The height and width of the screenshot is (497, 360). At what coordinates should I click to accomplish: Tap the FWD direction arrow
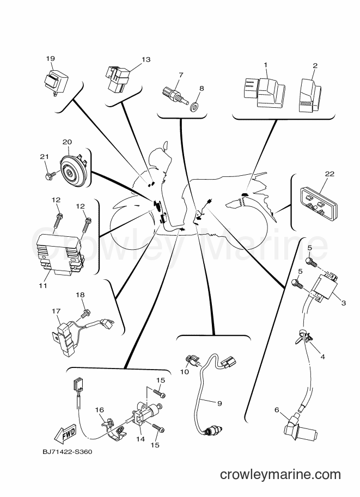65,433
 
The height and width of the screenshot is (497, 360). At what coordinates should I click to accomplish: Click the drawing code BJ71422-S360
67,451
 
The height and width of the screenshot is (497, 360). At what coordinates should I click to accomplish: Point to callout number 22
330,174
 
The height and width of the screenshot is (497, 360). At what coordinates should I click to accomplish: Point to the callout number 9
219,403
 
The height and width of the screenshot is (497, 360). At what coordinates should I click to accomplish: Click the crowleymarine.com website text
280,474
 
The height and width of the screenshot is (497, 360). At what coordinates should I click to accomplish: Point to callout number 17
56,311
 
